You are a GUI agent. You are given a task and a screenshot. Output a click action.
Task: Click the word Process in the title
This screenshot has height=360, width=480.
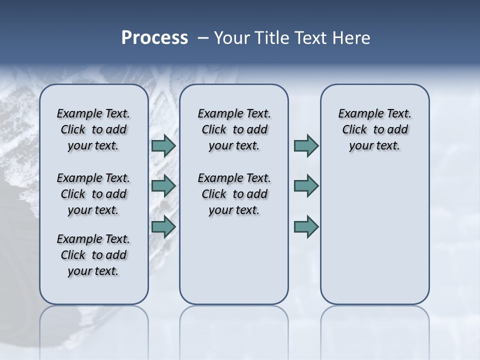click(x=154, y=37)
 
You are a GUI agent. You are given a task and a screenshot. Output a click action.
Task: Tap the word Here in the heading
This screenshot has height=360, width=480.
click(x=352, y=37)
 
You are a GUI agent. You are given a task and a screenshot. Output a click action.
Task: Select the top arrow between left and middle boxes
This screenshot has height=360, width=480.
click(x=163, y=145)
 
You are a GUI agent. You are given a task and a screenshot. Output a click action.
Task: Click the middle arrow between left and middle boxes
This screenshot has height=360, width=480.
click(x=163, y=186)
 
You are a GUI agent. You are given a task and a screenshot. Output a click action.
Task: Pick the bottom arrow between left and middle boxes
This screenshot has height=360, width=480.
click(x=163, y=226)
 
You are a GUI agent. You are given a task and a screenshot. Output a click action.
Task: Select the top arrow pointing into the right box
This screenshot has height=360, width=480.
click(x=306, y=145)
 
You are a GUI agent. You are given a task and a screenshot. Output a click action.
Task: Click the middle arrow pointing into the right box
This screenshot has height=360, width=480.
click(x=306, y=186)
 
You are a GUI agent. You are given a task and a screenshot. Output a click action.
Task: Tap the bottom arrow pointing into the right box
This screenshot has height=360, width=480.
click(x=306, y=226)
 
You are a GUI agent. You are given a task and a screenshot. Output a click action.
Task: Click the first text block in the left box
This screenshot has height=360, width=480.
click(x=93, y=129)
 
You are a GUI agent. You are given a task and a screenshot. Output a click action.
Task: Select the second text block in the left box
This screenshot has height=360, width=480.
click(x=93, y=194)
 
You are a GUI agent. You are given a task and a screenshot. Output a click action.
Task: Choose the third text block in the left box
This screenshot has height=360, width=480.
click(x=93, y=255)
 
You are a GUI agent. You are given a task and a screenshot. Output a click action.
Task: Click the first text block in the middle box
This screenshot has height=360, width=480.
click(x=234, y=129)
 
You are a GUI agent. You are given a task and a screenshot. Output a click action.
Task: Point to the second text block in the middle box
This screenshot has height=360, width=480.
click(x=234, y=194)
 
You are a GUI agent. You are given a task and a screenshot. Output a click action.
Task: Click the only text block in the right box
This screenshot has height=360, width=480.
click(x=374, y=129)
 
